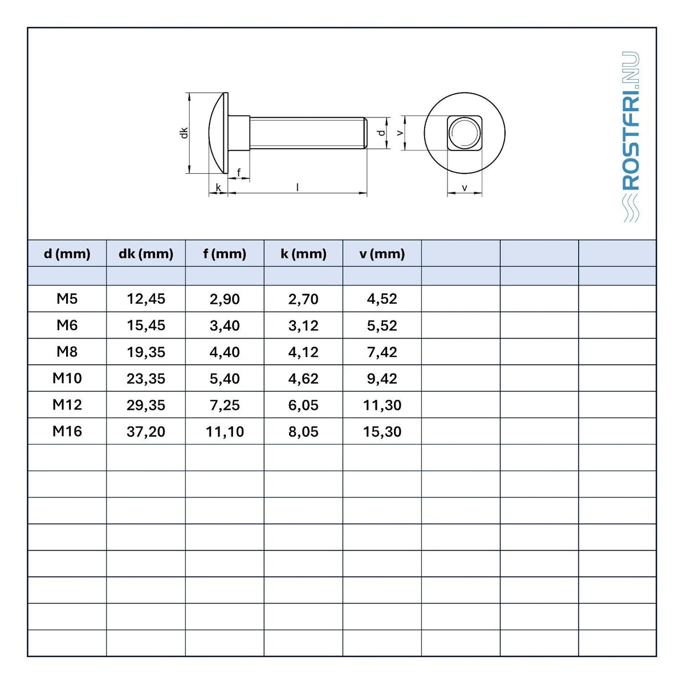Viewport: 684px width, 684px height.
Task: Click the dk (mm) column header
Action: [145, 254]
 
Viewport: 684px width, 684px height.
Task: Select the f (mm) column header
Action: [225, 254]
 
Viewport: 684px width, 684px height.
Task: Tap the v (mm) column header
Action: [382, 254]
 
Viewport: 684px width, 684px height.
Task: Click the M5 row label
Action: [67, 299]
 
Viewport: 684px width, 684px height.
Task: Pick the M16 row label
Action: [67, 431]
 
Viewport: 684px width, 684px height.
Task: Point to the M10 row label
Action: [67, 378]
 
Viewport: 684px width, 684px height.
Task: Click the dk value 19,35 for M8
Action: [146, 352]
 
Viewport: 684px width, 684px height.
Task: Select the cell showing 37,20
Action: [146, 431]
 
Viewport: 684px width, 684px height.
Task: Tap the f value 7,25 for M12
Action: [225, 405]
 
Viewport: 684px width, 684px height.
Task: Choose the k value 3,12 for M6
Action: [303, 325]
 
